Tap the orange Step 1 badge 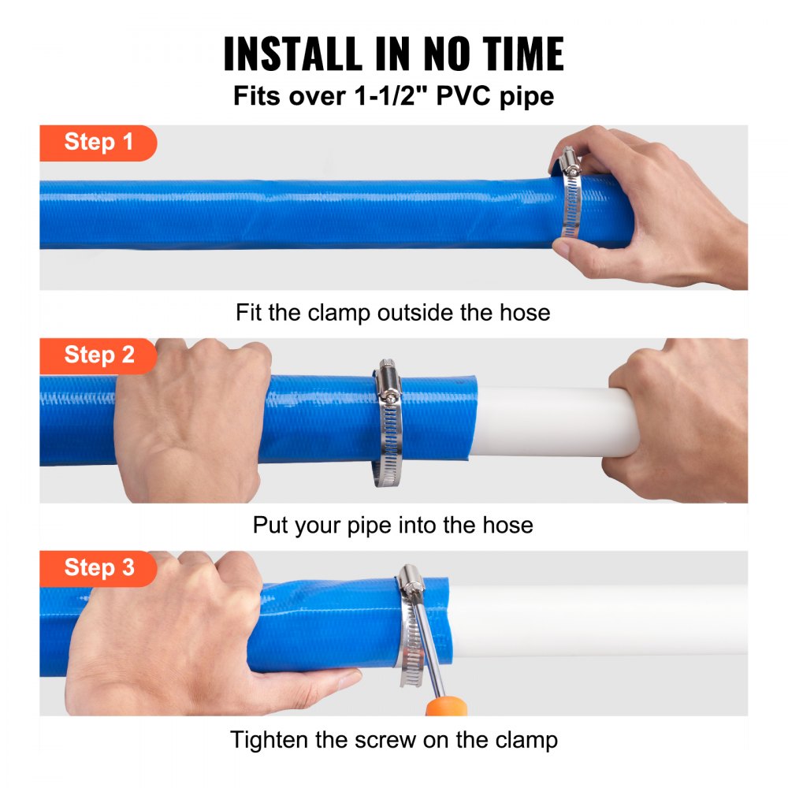tap(98, 143)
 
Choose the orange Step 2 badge tap(98, 355)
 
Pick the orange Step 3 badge tap(98, 568)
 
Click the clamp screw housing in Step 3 tap(411, 582)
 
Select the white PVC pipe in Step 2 tap(544, 422)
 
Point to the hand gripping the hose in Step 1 tap(662, 205)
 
